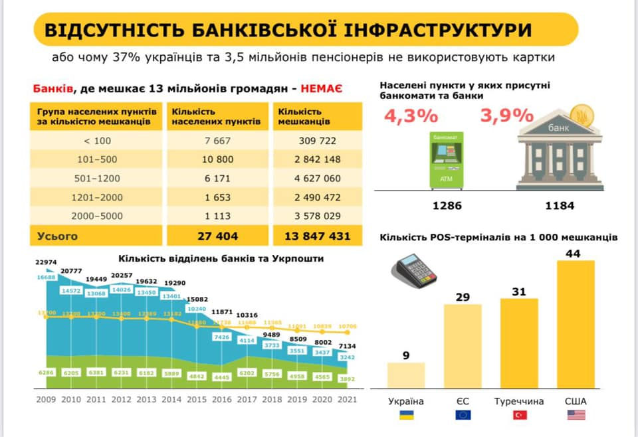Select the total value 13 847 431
(318, 236)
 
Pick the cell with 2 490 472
(318, 197)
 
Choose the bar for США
(576, 324)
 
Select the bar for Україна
(405, 375)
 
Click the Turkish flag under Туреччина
(519, 415)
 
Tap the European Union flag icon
(463, 415)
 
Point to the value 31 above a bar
(518, 292)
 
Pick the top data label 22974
(48, 264)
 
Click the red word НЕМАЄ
(321, 88)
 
